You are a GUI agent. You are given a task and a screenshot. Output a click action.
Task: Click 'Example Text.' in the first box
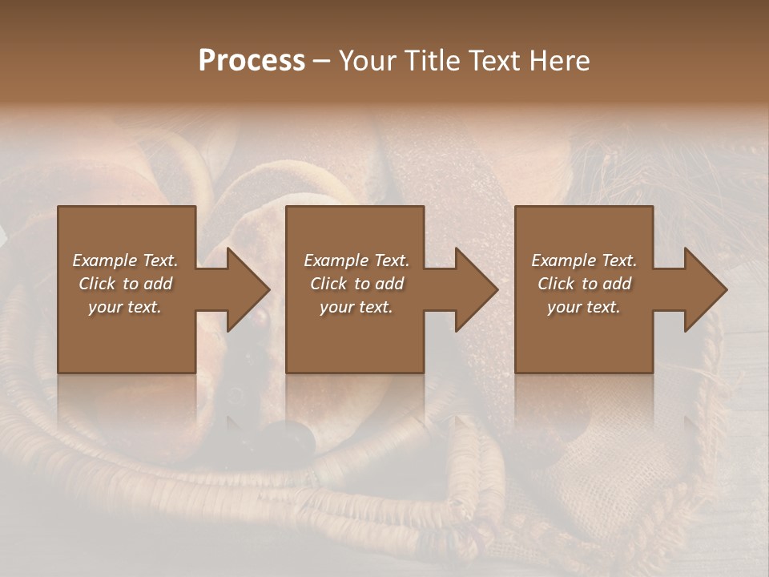pos(125,260)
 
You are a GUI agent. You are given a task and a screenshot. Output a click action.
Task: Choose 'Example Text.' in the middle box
pos(356,260)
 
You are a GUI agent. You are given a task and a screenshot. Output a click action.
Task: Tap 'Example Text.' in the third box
pos(584,260)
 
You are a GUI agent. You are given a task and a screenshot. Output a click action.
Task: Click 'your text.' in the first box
pos(125,307)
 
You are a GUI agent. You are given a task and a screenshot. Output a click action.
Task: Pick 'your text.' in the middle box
pos(356,307)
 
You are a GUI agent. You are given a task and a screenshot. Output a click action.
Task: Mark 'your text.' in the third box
pos(584,307)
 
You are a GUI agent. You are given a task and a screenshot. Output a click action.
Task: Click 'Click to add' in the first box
pos(125,284)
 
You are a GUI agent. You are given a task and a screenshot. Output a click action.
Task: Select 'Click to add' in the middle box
pos(356,284)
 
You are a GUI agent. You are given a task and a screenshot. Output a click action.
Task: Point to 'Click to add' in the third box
pos(584,284)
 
